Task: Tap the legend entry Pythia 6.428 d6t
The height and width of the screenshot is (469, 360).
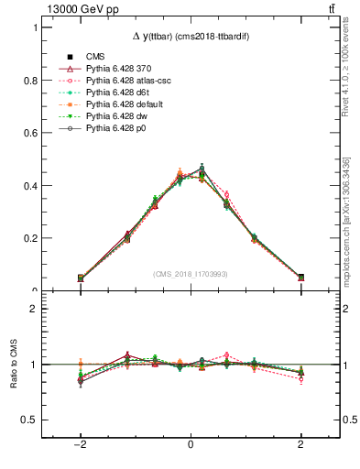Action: click(x=116, y=93)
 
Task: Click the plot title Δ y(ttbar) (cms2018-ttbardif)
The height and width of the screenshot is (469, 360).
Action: click(x=190, y=36)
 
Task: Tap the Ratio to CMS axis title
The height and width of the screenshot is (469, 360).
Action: click(x=13, y=364)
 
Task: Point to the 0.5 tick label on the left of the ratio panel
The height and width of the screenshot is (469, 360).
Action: click(x=31, y=420)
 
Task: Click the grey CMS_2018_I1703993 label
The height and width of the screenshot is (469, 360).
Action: click(x=190, y=274)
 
